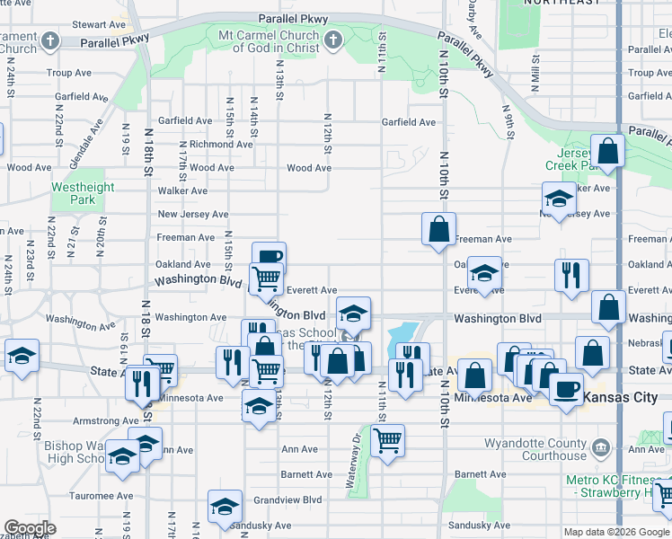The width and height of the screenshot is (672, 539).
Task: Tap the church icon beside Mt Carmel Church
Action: pyautogui.click(x=333, y=40)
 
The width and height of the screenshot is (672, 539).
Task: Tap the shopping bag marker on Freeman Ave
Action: pyautogui.click(x=439, y=229)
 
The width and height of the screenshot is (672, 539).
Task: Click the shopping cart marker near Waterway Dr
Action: pyautogui.click(x=387, y=440)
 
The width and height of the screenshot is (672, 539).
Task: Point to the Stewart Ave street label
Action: pyautogui.click(x=97, y=24)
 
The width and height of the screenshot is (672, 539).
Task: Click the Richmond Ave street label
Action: pyautogui.click(x=220, y=144)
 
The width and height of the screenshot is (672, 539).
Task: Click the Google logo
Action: pyautogui.click(x=31, y=528)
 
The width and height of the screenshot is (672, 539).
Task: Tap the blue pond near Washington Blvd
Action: pyautogui.click(x=403, y=336)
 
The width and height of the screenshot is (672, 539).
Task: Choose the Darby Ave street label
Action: pyautogui.click(x=473, y=22)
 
